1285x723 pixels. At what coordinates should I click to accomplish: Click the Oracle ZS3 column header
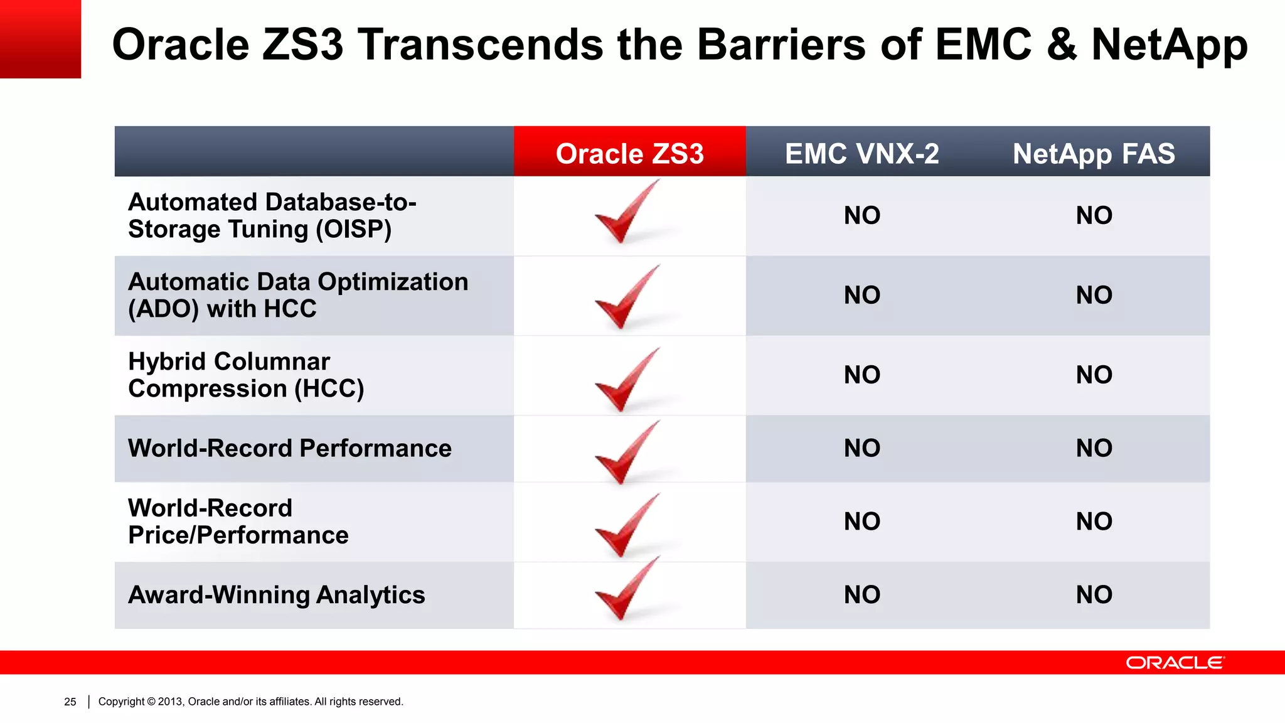pyautogui.click(x=629, y=154)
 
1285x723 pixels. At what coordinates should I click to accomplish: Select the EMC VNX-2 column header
pyautogui.click(x=861, y=154)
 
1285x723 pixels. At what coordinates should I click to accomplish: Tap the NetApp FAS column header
pyautogui.click(x=1094, y=154)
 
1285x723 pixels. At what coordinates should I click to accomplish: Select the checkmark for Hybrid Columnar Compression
pyautogui.click(x=624, y=380)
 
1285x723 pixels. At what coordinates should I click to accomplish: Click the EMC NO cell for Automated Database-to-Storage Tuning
pyautogui.click(x=862, y=215)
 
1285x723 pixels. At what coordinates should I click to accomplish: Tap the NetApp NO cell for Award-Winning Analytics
pyautogui.click(x=1094, y=594)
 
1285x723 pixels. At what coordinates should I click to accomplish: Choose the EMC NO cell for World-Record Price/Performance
pyautogui.click(x=862, y=521)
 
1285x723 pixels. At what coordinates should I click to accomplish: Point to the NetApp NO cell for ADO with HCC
pyautogui.click(x=1094, y=295)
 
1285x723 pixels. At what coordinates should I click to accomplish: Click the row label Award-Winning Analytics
pyautogui.click(x=276, y=594)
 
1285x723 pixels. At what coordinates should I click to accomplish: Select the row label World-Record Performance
pyautogui.click(x=289, y=448)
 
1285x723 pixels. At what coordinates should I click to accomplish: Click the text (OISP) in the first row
pyautogui.click(x=353, y=229)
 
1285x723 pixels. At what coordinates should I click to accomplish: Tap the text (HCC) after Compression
pyautogui.click(x=329, y=388)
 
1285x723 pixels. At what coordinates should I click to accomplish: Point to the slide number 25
pyautogui.click(x=70, y=702)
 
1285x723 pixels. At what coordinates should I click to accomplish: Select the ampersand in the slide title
pyautogui.click(x=1061, y=45)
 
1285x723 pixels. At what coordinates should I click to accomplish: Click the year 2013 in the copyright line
pyautogui.click(x=170, y=702)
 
